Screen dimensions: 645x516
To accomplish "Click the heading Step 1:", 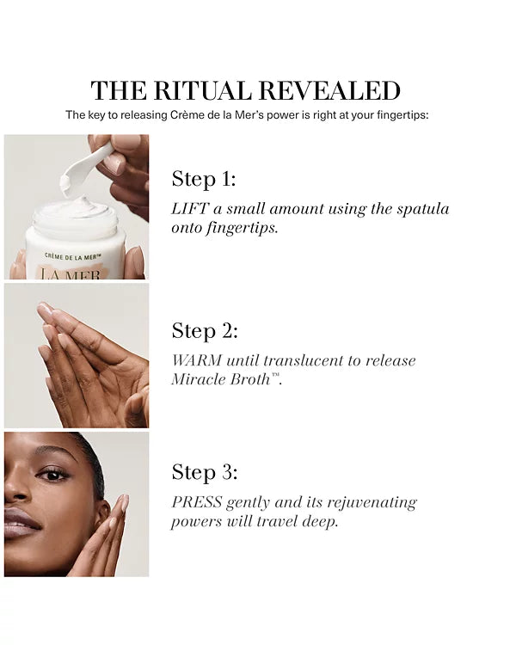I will point(204,179).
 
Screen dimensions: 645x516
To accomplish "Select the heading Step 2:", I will point(205,331).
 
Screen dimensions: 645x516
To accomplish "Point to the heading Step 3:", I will point(205,472).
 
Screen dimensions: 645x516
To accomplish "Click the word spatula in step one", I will point(421,209).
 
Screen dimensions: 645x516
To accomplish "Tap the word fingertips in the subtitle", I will point(396,114).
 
